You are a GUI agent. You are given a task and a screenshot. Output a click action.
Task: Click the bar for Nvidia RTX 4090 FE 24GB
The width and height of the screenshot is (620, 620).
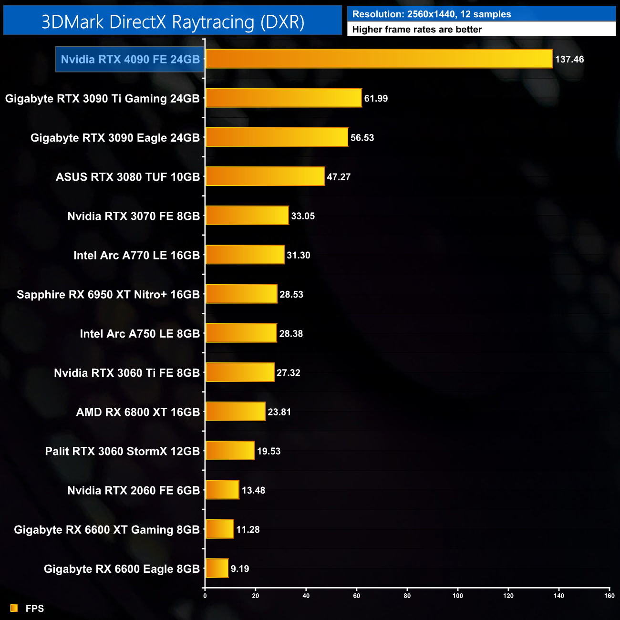click(x=379, y=59)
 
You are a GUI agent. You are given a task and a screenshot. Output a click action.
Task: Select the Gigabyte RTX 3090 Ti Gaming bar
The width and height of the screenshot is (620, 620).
click(x=283, y=98)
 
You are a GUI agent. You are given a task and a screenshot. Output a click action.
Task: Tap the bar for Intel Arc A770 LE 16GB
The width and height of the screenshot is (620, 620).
click(x=245, y=255)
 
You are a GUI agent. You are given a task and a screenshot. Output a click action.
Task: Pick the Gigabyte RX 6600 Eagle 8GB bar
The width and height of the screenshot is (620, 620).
click(x=217, y=568)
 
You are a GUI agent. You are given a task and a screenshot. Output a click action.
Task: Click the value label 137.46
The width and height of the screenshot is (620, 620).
click(x=569, y=60)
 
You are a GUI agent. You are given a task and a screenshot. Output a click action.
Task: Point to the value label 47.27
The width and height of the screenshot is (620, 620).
click(x=339, y=177)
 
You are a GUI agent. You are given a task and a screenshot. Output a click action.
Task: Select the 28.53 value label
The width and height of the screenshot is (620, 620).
click(x=291, y=295)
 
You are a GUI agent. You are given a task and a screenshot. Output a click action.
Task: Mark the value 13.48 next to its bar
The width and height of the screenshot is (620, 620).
click(x=253, y=490)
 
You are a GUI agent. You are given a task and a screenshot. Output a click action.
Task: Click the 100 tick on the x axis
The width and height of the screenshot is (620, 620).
click(x=458, y=596)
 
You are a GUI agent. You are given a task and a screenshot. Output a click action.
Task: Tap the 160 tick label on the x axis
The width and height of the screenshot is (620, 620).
click(x=609, y=596)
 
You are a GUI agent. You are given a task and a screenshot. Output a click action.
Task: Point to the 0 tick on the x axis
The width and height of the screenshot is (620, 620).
click(x=205, y=596)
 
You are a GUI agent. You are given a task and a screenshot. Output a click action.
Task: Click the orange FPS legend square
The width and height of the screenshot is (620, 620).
click(x=14, y=608)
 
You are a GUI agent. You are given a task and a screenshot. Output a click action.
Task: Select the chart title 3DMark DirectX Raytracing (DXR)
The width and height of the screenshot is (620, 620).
click(x=173, y=22)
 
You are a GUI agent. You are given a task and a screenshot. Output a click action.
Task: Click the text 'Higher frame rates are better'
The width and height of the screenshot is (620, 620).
click(x=417, y=30)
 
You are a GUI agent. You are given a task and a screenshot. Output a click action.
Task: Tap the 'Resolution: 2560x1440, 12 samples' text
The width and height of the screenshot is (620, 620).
click(x=432, y=14)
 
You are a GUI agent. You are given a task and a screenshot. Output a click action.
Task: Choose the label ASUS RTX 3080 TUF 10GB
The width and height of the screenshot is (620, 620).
click(x=128, y=177)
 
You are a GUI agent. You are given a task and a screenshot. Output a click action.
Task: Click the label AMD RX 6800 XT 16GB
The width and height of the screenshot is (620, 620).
click(x=138, y=412)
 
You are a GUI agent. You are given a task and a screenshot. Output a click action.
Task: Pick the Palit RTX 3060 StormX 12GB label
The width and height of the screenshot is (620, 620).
click(x=122, y=451)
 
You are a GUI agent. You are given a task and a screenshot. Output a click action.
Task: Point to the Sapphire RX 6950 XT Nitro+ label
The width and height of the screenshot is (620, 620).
click(x=108, y=295)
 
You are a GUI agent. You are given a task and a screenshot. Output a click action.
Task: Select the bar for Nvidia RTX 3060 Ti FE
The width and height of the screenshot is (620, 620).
click(x=239, y=372)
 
